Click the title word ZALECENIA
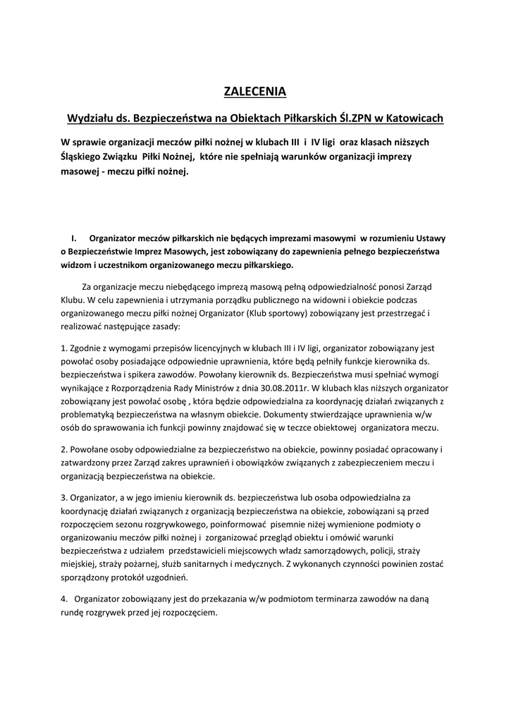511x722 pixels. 255,91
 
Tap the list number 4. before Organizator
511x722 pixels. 66,599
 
